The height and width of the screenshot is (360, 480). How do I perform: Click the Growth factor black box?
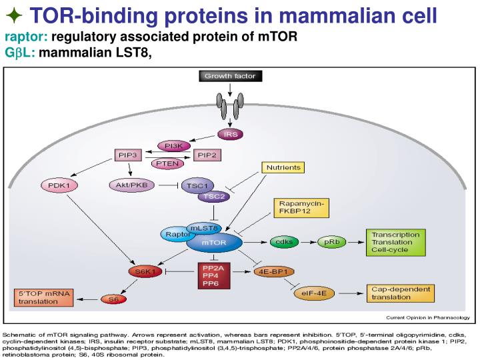(x=230, y=77)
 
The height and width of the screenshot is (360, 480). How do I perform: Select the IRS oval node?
(x=231, y=134)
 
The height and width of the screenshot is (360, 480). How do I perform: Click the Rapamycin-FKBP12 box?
(x=301, y=207)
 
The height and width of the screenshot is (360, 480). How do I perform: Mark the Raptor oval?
(x=174, y=234)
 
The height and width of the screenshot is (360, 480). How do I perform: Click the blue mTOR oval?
(x=214, y=243)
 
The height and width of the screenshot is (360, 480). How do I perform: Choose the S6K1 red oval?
(x=145, y=272)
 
